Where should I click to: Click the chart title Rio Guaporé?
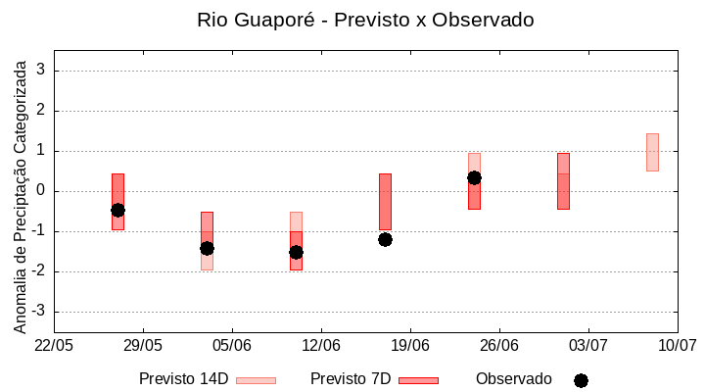[x=365, y=20]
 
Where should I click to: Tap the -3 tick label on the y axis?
[x=39, y=312]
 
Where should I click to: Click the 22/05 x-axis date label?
[x=54, y=345]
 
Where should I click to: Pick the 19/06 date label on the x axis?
[x=410, y=345]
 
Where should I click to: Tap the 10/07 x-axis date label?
[x=677, y=345]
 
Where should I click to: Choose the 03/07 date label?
[x=587, y=345]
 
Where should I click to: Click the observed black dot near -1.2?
[x=385, y=239]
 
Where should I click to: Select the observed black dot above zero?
[x=474, y=177]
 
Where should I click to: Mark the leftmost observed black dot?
[x=117, y=210]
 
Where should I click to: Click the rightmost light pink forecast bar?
[x=652, y=152]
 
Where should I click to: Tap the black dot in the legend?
[x=581, y=380]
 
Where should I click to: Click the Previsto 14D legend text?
[x=183, y=379]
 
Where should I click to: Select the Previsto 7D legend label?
[x=350, y=379]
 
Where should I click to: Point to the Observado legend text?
[x=513, y=379]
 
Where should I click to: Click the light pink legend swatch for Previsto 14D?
[x=256, y=380]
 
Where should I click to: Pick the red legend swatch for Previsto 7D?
[x=418, y=380]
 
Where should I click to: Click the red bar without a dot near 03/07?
[x=563, y=181]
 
